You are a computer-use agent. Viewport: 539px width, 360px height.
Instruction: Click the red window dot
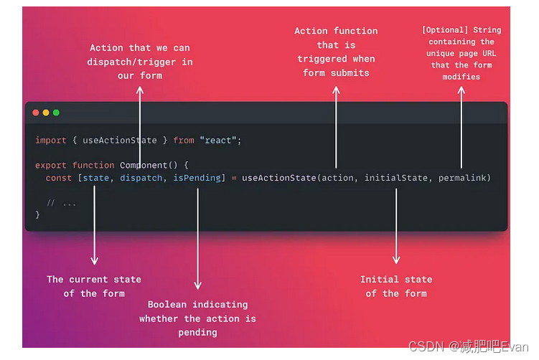[x=36, y=113]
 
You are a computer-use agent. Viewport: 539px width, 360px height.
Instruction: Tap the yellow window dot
[x=46, y=113]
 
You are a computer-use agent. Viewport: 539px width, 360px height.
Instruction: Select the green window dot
[x=56, y=113]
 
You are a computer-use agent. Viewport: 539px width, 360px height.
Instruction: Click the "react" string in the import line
[x=220, y=141]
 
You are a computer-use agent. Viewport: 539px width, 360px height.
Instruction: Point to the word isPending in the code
[x=197, y=178]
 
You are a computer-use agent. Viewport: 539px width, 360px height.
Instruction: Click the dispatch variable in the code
[x=141, y=178]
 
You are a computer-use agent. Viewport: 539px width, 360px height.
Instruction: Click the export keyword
[x=51, y=165]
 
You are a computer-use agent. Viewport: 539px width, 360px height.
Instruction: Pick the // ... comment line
[x=61, y=203]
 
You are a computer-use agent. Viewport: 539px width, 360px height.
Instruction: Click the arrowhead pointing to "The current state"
[x=94, y=261]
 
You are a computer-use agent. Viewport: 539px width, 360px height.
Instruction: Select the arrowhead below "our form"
[x=140, y=90]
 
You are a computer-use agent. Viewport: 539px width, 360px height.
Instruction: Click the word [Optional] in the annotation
[x=445, y=30]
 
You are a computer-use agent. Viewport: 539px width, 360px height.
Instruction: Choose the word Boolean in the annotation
[x=167, y=305]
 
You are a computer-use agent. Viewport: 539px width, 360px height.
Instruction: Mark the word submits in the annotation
[x=350, y=72]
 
